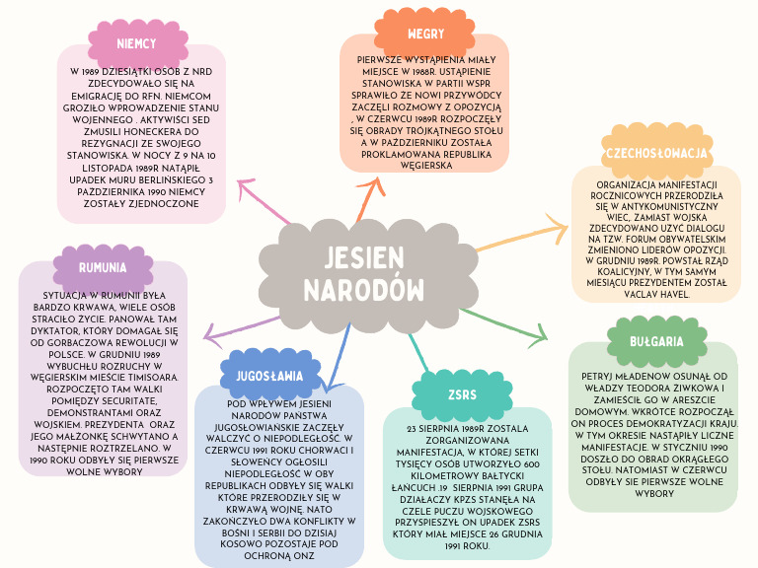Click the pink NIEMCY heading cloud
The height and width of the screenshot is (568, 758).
pos(138,44)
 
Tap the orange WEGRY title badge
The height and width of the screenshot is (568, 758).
pos(425,34)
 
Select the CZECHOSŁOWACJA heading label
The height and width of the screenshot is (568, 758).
pos(656,153)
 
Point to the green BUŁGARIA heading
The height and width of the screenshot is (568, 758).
pos(656,341)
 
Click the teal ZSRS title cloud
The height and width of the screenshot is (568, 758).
pos(462,394)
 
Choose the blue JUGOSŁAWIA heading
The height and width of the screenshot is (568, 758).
pos(269,376)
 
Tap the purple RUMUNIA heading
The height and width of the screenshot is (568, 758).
pos(103,267)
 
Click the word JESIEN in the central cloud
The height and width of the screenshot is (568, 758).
pos(363,257)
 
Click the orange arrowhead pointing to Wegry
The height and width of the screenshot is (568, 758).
pos(374,185)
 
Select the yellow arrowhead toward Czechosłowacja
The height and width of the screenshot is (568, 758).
pos(559,228)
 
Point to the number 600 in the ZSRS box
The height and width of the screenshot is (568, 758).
pos(531,464)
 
